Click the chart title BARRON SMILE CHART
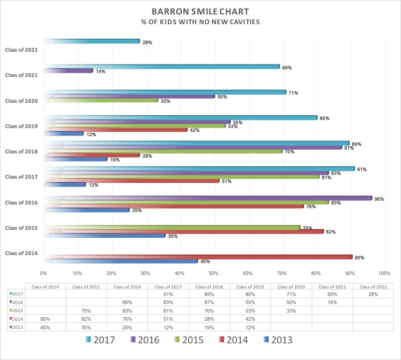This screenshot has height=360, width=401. point(200,11)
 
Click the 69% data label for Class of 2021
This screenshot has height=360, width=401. point(287,67)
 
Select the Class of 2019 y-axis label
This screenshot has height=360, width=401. point(21,126)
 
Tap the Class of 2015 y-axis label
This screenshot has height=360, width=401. point(21,228)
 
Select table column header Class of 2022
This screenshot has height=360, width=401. point(373,287)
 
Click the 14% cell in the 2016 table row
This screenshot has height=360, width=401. point(332,302)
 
